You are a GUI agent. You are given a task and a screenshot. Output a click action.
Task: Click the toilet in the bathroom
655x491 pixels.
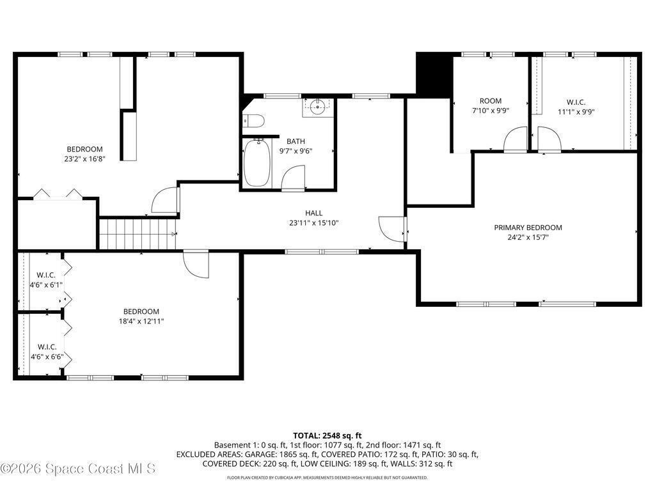253,121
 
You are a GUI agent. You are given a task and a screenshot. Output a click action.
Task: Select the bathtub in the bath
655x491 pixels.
257,162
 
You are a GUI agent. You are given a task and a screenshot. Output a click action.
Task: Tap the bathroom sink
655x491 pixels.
317,107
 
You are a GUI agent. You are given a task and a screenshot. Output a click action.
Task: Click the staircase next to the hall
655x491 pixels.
138,234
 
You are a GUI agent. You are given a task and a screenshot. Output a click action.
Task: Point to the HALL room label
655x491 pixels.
313,213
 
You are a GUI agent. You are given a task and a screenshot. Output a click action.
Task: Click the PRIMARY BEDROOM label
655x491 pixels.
528,228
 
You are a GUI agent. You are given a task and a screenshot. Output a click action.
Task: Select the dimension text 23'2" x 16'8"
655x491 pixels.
84,159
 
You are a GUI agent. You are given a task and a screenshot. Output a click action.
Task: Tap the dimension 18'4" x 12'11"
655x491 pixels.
141,321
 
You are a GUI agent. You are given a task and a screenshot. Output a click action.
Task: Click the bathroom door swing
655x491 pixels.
294,178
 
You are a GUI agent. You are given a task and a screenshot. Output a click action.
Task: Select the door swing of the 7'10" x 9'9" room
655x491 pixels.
516,139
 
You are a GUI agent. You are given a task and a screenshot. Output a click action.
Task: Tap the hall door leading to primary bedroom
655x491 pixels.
392,229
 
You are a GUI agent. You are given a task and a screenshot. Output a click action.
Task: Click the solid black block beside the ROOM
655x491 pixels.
434,75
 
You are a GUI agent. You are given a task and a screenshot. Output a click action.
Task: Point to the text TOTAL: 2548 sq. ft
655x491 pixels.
327,436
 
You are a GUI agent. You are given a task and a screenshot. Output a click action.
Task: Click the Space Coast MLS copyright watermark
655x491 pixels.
78,469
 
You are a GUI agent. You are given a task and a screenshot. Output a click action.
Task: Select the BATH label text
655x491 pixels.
296,141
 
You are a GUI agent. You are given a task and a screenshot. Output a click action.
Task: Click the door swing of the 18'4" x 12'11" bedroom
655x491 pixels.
196,264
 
